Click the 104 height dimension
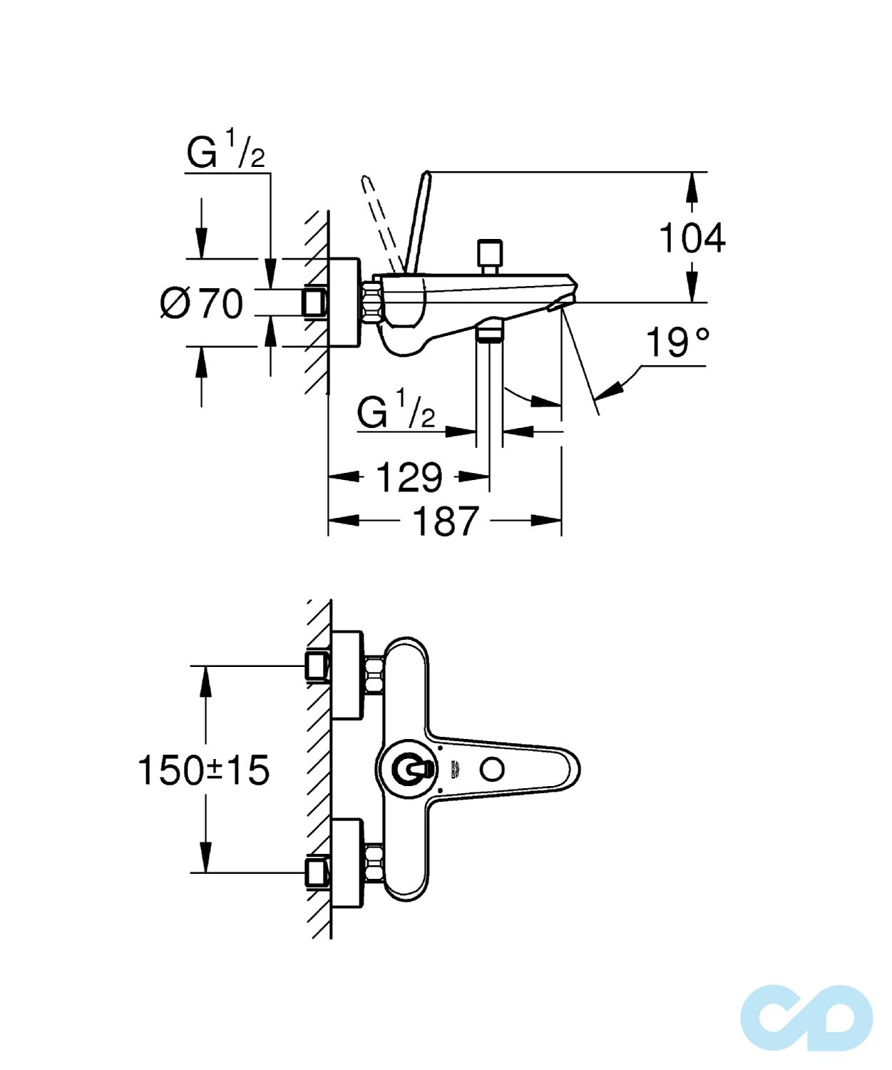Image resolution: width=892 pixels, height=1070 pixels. pos(691,238)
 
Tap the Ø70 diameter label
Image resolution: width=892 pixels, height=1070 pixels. pos(202,303)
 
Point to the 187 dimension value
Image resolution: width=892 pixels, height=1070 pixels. pos(446,521)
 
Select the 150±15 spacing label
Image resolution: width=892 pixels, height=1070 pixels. pos(203,770)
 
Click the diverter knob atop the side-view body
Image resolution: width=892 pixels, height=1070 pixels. pos(489,255)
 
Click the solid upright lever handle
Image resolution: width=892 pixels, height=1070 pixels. pos(418,221)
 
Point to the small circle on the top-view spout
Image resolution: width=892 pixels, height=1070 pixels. pos(492,769)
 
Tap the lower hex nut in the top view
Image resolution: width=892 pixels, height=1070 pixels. pos(373,863)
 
